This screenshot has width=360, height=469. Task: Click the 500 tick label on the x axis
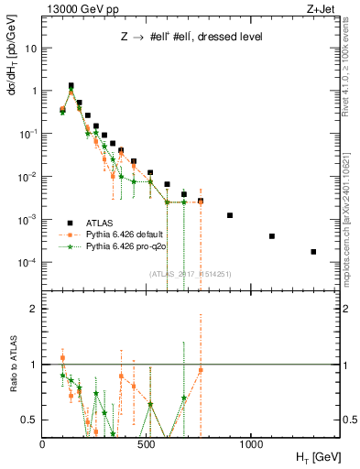[147, 443]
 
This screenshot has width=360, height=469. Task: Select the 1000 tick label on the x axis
[251, 443]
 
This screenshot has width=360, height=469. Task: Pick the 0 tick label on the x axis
[43, 443]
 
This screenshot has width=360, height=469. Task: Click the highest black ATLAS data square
[71, 85]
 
